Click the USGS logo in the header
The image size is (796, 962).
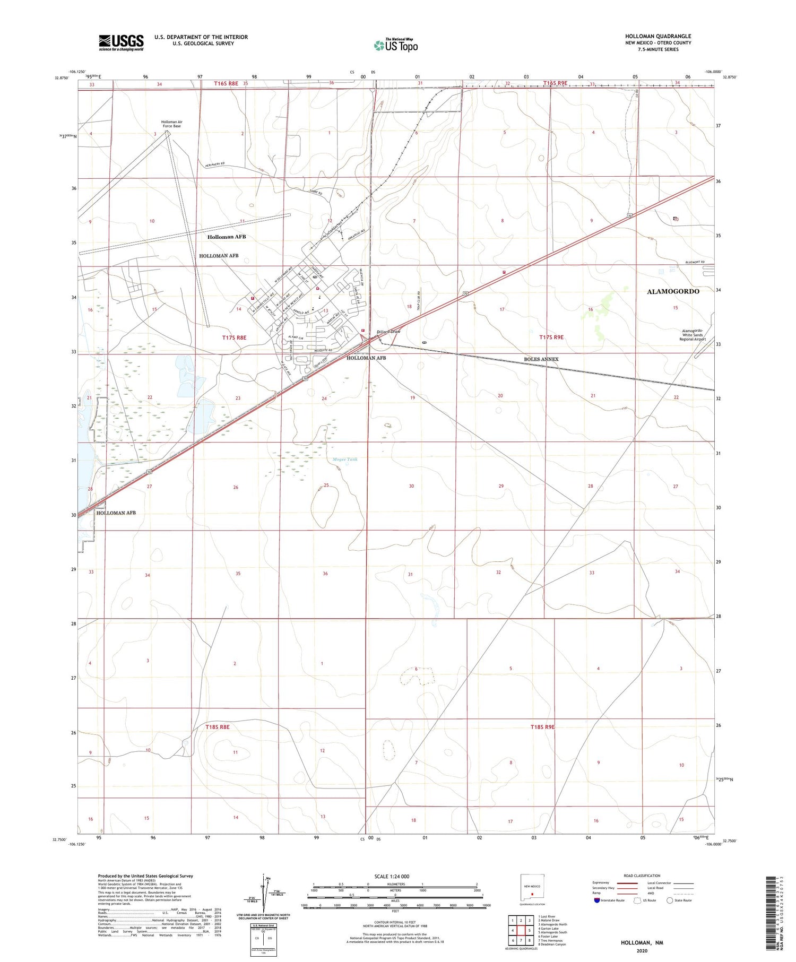coord(121,42)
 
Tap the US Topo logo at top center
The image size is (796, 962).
coord(396,46)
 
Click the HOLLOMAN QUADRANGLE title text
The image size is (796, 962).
coord(658,37)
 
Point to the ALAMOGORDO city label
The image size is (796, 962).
coord(673,291)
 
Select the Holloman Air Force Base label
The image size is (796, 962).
coord(171,124)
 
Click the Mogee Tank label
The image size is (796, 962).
coord(345,460)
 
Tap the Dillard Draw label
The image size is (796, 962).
coord(388,332)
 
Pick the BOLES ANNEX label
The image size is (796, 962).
coord(541,359)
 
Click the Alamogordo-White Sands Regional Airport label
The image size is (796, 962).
coord(692,335)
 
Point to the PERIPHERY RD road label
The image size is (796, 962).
coord(215,164)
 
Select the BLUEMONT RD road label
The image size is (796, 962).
coord(695,262)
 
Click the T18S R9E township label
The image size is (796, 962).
coord(542,727)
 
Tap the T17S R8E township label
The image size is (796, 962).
coord(234,337)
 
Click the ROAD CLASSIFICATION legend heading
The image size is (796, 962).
coord(642,876)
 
